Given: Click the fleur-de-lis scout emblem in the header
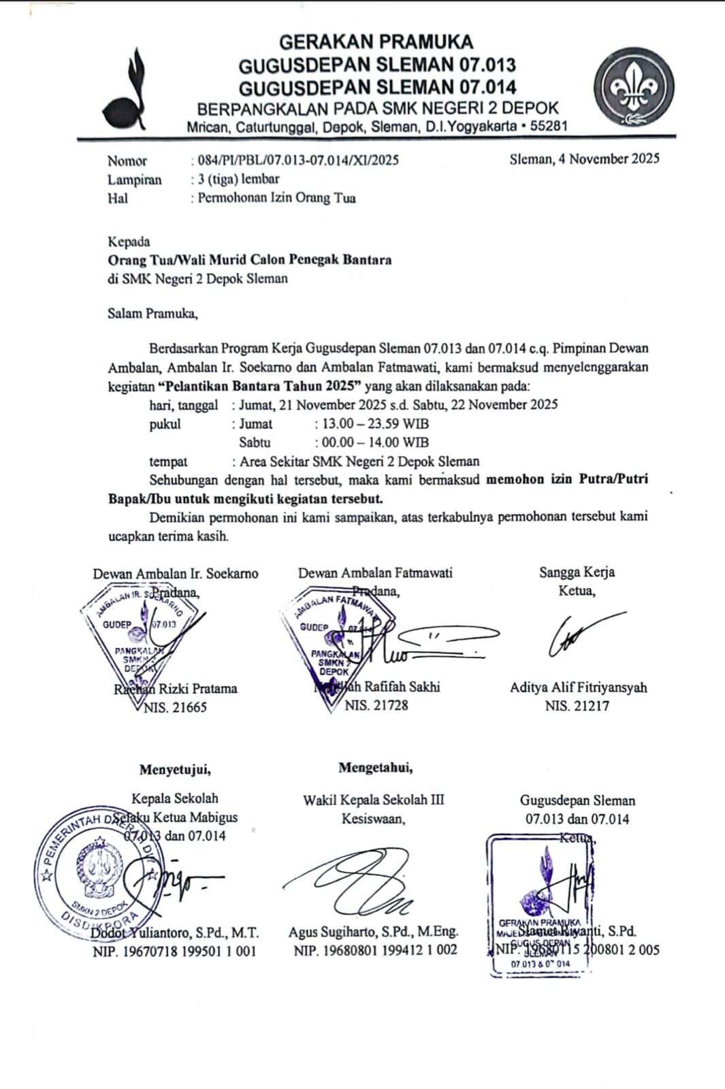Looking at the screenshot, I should click(633, 86).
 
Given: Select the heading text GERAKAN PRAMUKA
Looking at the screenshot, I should click(376, 42).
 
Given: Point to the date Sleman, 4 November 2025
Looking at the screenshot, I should click(584, 159).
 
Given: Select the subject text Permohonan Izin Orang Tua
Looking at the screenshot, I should click(276, 198).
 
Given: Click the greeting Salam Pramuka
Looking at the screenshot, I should click(152, 314).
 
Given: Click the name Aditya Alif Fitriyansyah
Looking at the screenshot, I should click(578, 687).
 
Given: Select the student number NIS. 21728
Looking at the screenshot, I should click(376, 705).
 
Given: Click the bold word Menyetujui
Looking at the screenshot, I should click(175, 770).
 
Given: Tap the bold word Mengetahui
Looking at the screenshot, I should click(375, 768).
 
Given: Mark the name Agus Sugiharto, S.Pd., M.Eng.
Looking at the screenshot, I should click(373, 932).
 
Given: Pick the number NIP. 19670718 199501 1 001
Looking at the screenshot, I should click(174, 951).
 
